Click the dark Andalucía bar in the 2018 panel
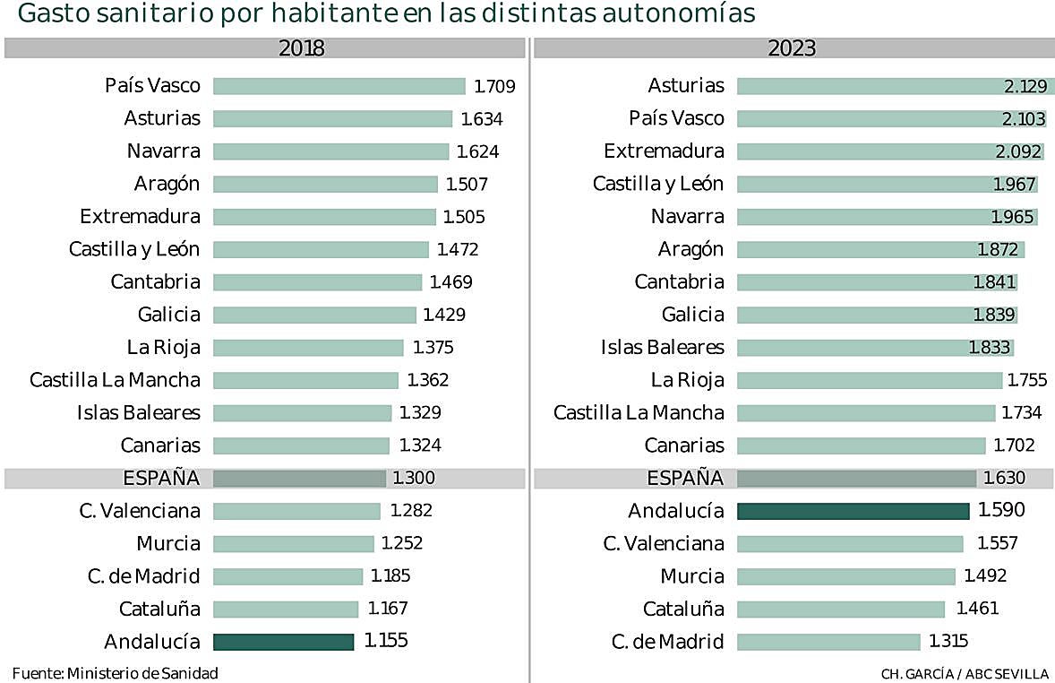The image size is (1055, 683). coord(283,642)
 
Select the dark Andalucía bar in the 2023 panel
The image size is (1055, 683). coord(853,511)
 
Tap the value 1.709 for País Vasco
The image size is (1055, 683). coord(494,86)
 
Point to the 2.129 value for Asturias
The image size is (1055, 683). coord(1025,86)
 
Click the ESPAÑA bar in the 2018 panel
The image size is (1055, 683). coord(299,478)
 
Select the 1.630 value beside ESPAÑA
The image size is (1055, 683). coord(1003,478)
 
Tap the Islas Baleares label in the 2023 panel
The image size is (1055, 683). coord(662,347)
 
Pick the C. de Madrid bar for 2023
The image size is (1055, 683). coord(828,642)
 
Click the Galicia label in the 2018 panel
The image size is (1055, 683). coord(169,315)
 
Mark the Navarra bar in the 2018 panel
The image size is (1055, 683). coord(330,151)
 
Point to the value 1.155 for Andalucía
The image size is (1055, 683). coord(386,642)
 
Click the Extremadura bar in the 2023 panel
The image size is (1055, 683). coord(890,151)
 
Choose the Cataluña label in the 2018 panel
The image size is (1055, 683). coord(159,610)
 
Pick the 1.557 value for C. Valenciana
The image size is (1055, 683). coord(997,543)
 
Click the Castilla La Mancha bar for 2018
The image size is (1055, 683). coord(305,380)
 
